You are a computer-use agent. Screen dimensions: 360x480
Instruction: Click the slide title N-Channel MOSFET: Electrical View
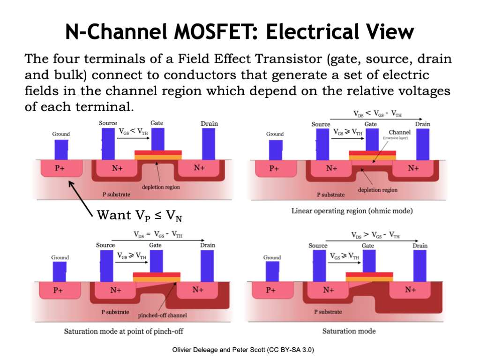point(240,32)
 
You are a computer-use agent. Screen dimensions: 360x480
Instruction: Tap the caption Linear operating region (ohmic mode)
point(352,211)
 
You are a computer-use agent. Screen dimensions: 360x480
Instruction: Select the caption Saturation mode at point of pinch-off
point(123,331)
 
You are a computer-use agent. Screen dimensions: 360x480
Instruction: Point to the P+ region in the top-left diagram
point(60,168)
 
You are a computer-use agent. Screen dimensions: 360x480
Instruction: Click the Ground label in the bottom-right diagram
point(272,257)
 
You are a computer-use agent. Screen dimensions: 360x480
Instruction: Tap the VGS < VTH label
point(133,131)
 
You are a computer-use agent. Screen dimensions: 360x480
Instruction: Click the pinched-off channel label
point(159,315)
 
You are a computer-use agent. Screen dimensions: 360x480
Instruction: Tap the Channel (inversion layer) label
point(399,135)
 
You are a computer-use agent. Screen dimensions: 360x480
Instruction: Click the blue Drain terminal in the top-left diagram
point(209,143)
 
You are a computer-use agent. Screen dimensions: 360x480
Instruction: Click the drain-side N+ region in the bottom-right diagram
point(411,290)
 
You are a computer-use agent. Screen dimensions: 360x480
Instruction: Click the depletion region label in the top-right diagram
point(377,190)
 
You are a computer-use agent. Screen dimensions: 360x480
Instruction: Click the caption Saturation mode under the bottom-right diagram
point(349,331)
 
